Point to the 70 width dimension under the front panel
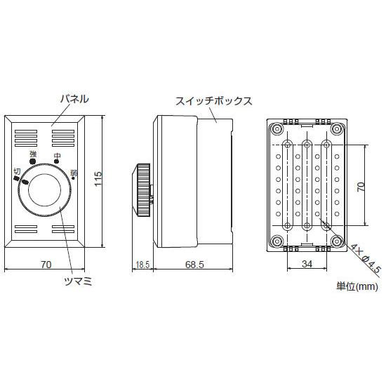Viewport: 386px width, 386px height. click(46, 265)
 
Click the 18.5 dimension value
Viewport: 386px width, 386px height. click(142, 265)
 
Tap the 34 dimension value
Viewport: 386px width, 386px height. click(307, 264)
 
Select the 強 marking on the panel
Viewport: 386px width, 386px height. click(33, 153)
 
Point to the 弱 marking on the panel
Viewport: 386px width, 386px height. click(74, 172)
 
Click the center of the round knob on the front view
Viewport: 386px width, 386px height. click(46, 189)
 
